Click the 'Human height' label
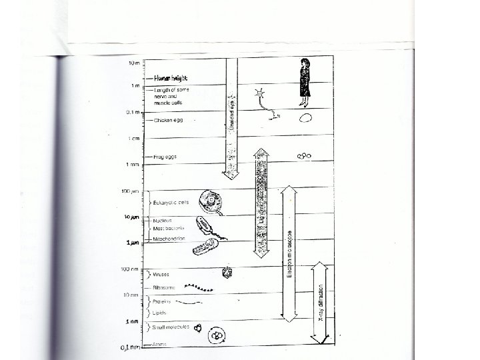click(x=167, y=77)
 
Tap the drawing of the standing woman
click(x=305, y=82)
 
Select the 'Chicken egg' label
click(x=168, y=121)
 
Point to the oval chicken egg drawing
click(x=305, y=118)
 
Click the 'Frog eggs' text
click(x=165, y=157)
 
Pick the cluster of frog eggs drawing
click(x=305, y=156)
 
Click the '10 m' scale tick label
click(x=135, y=63)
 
